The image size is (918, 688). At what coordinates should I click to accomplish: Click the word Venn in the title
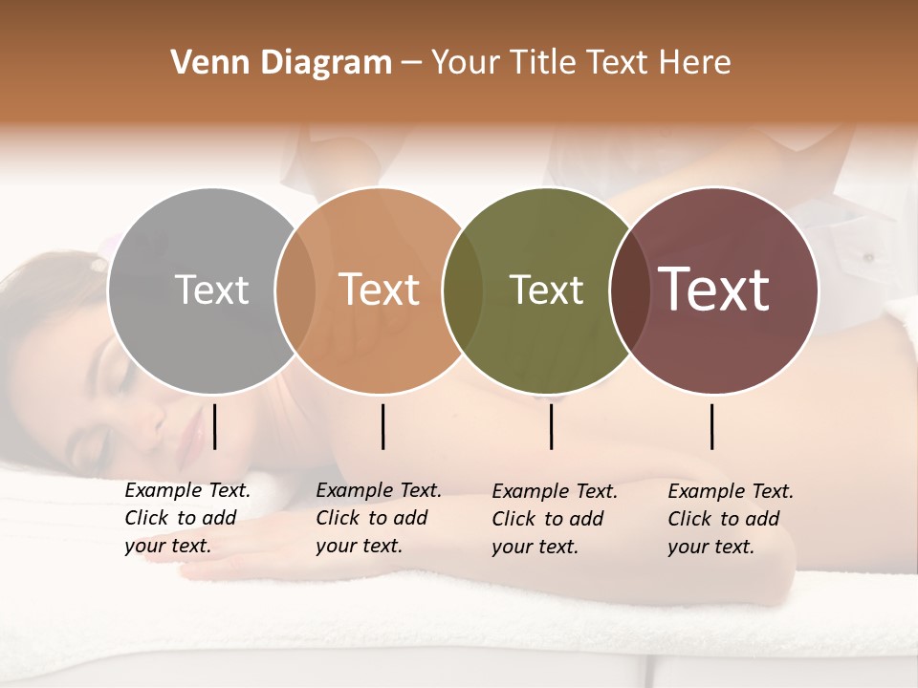click(208, 63)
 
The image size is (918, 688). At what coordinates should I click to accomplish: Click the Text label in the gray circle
click(211, 290)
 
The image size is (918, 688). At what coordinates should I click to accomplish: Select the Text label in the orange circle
click(380, 290)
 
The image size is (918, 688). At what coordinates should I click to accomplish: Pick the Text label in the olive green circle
click(546, 290)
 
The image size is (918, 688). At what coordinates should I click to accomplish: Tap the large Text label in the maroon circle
click(714, 290)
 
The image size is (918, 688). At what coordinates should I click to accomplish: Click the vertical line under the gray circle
click(215, 426)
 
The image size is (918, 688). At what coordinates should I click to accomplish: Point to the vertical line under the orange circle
click(382, 426)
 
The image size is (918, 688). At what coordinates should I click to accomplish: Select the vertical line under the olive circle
click(552, 426)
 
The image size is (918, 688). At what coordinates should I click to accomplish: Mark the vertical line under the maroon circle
click(712, 426)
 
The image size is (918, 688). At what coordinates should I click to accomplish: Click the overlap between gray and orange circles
click(295, 290)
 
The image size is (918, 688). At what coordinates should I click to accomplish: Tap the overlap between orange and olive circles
click(463, 290)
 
